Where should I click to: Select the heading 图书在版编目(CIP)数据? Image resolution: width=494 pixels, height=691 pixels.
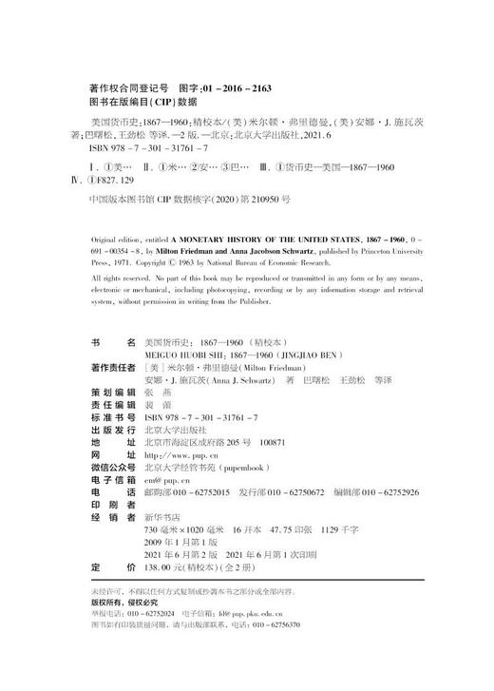coord(133,102)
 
